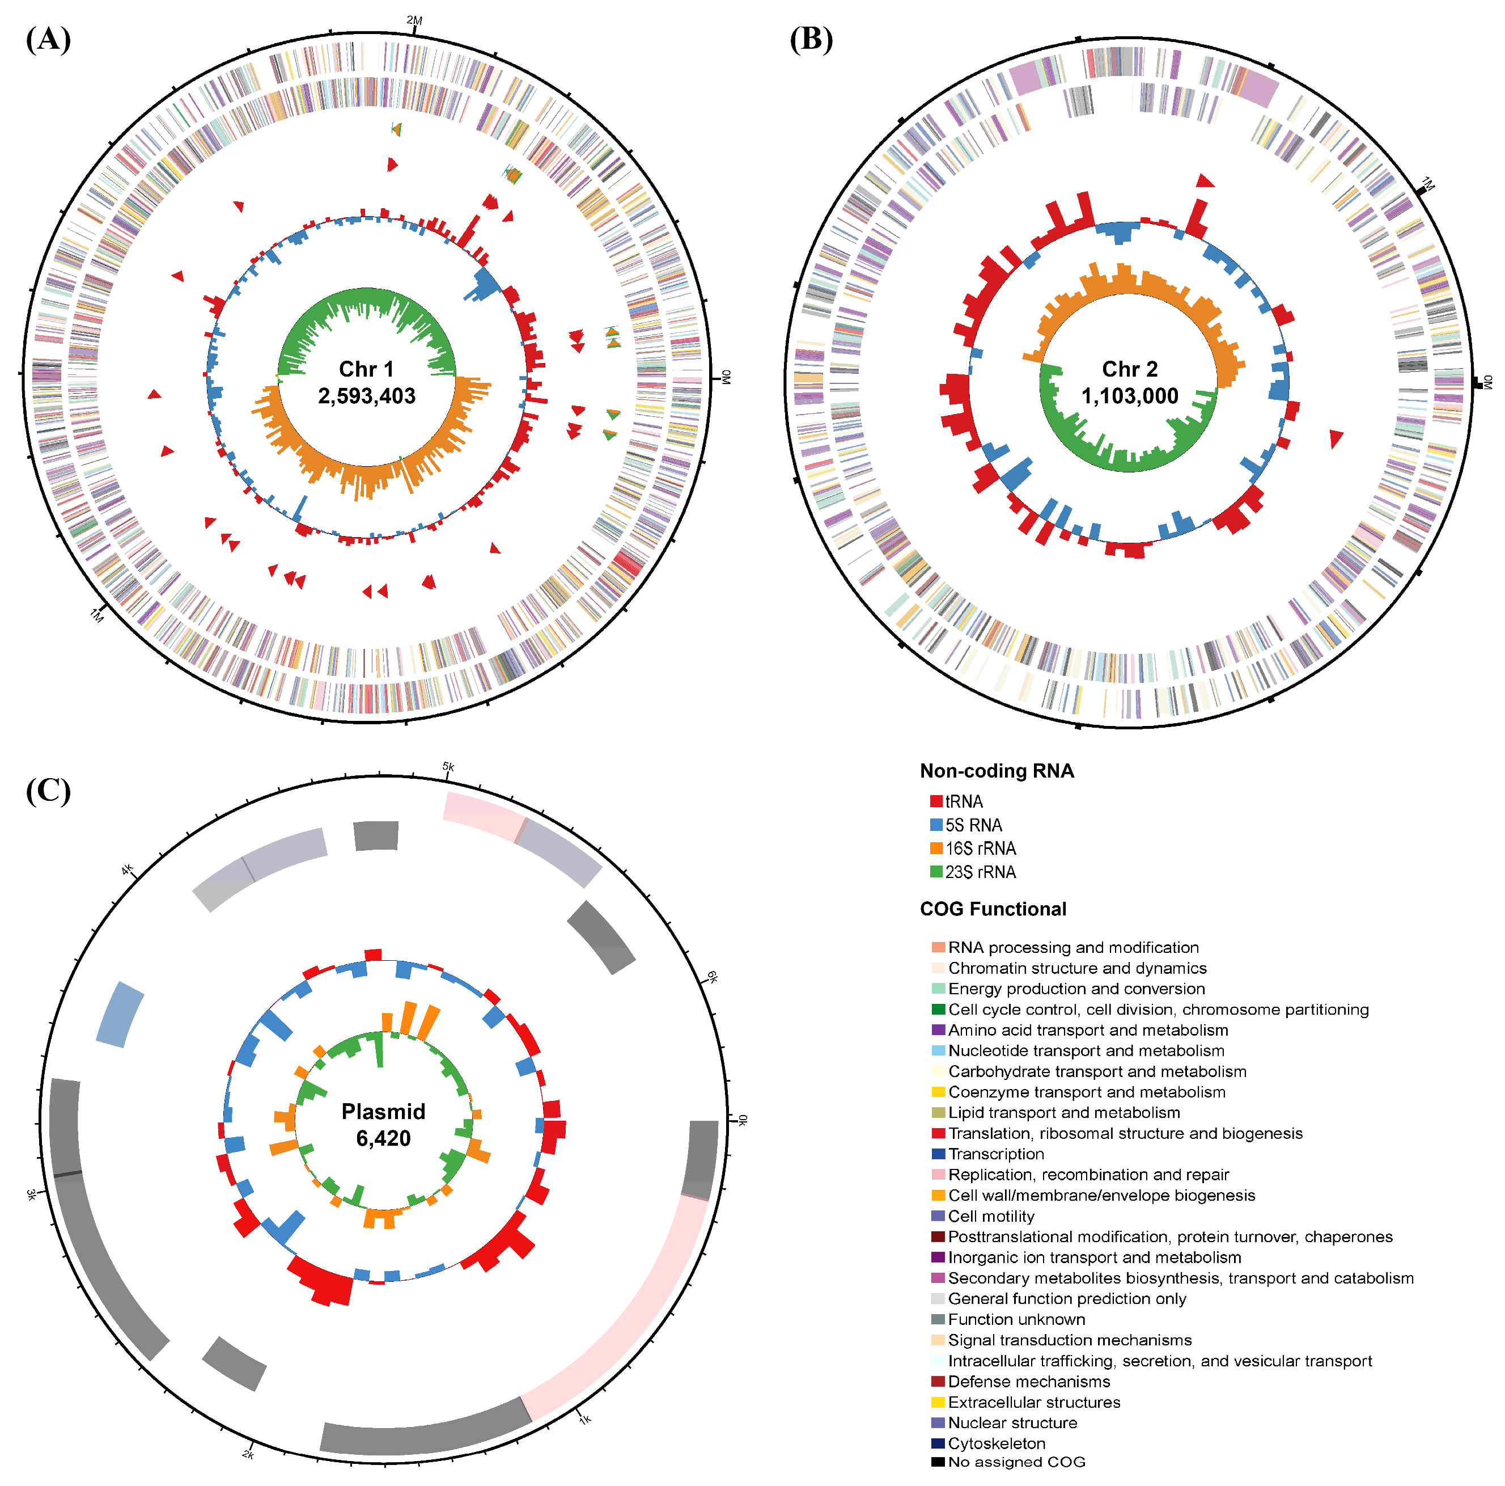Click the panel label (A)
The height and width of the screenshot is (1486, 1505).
coord(48,39)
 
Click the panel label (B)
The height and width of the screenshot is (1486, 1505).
coord(811,39)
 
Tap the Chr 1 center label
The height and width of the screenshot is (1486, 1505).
coord(366,369)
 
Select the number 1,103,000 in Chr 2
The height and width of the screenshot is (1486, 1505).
coord(1130,396)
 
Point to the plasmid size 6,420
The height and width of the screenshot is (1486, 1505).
coord(383,1138)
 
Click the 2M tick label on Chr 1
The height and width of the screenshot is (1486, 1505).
coord(414,20)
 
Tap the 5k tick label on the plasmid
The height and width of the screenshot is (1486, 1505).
coord(449,767)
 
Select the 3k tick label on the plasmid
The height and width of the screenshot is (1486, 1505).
coord(31,1194)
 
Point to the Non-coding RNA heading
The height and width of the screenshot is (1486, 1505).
coord(997,771)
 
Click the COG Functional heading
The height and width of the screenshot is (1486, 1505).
coord(993,909)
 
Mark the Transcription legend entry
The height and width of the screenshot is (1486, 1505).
coord(995,1154)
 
